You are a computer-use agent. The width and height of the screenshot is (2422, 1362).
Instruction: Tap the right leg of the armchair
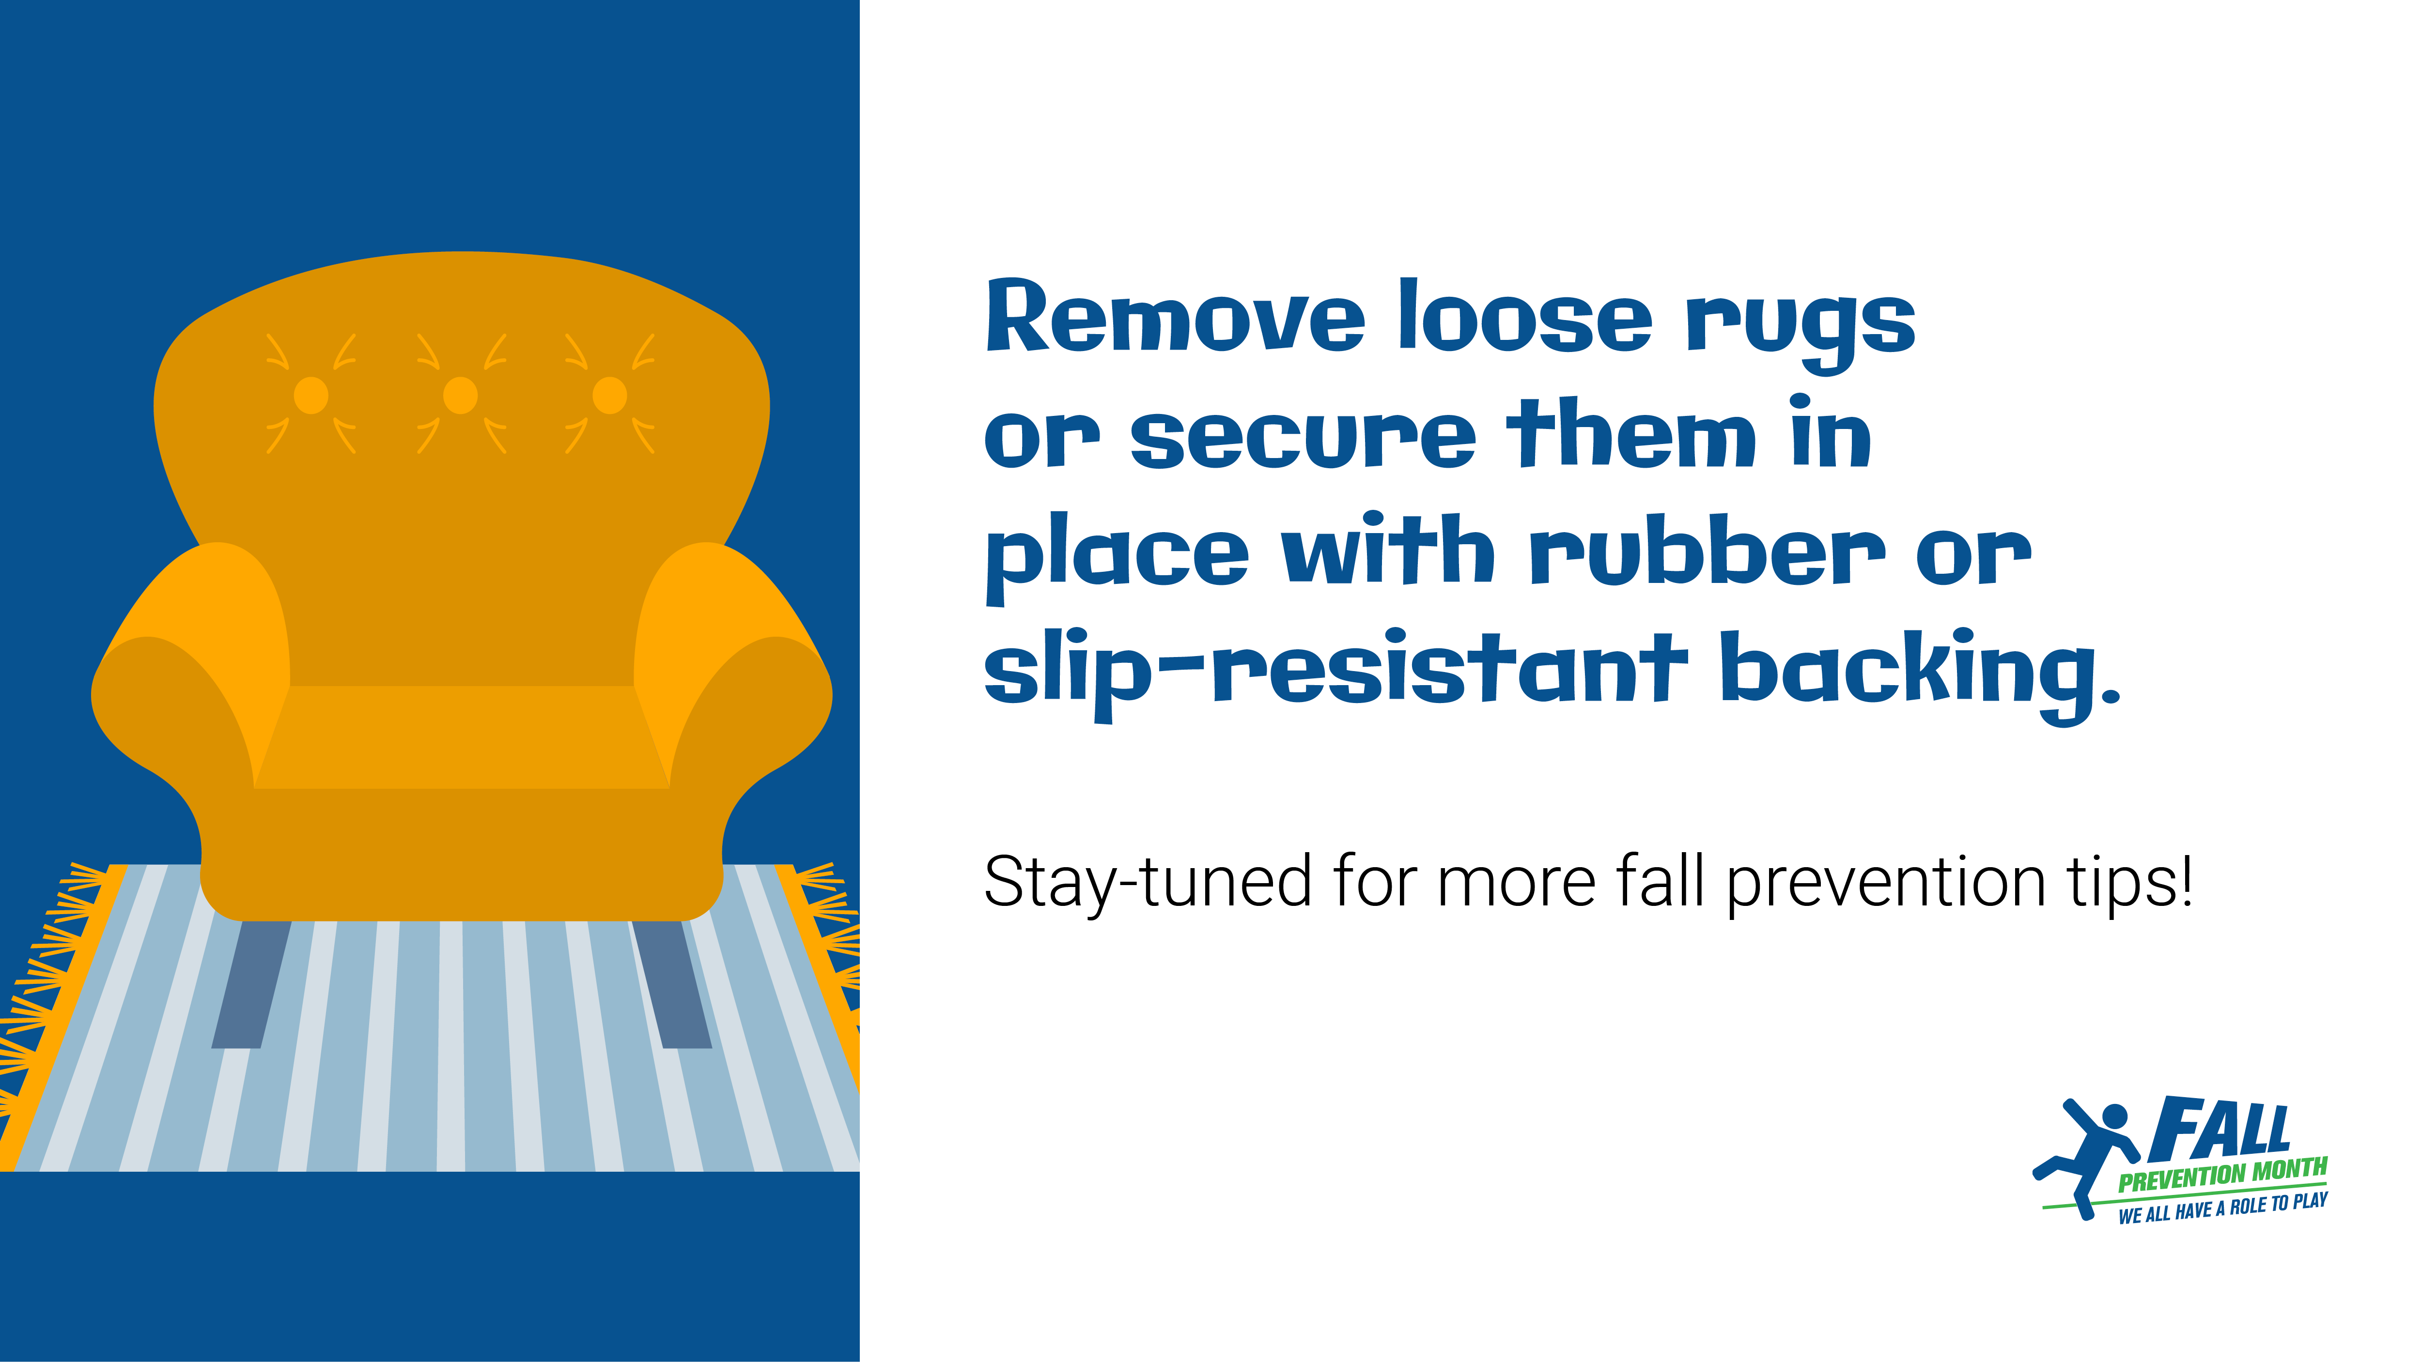tap(671, 984)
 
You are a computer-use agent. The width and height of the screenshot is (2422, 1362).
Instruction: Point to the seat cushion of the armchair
tap(462, 737)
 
